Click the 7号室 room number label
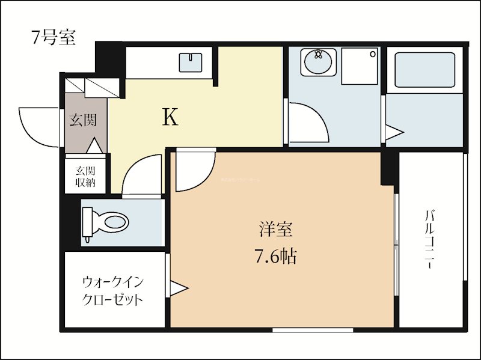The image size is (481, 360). coord(54,37)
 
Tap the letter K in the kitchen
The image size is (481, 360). coord(171,118)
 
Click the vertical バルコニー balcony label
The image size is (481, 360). coord(430,239)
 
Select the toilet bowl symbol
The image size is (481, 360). coord(107,223)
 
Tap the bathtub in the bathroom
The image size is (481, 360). coord(424,70)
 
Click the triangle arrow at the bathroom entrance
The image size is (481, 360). coord(394,133)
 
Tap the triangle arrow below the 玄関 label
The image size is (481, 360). coord(95,145)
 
